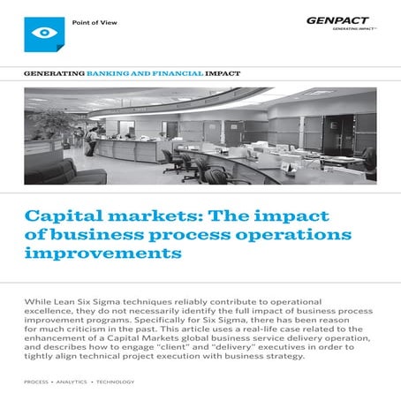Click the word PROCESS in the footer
[40, 382]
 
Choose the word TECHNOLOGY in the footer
[117, 382]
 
